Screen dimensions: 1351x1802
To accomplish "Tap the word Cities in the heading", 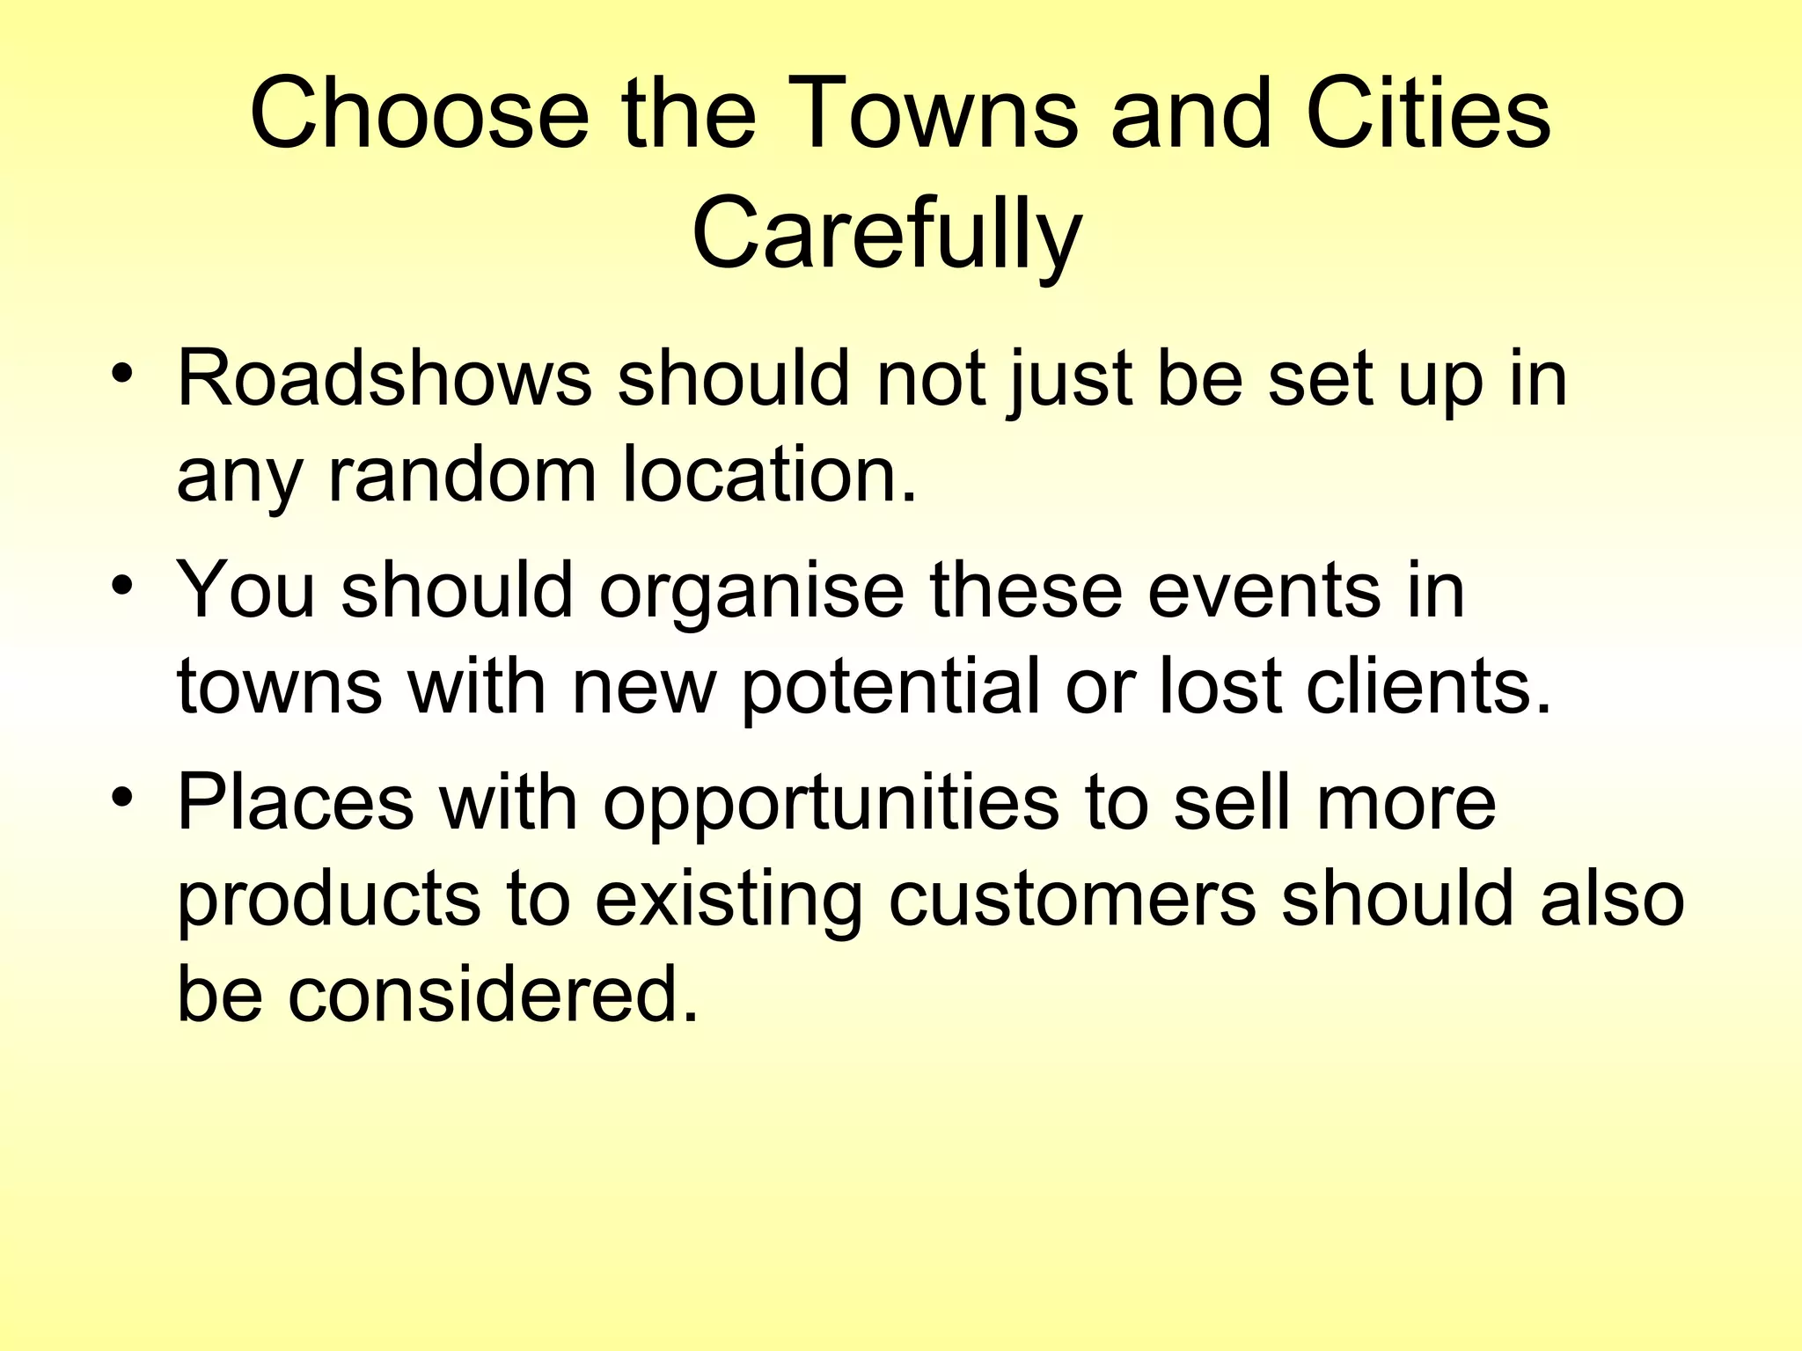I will click(x=1429, y=114).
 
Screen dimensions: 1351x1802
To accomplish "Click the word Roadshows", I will click(x=385, y=379).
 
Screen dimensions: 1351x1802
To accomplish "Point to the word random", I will click(x=463, y=476).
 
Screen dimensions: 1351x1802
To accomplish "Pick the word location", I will click(x=769, y=476).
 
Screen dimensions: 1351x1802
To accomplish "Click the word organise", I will click(x=751, y=592).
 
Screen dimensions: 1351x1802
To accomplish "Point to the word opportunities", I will click(x=831, y=804).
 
